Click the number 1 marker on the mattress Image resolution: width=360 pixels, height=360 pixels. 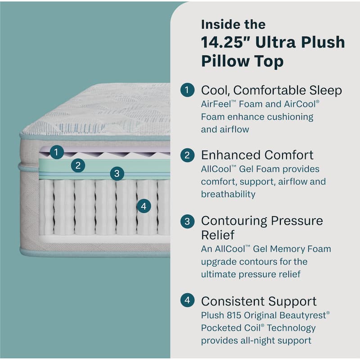tap(56, 152)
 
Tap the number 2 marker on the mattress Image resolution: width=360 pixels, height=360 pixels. tap(78, 166)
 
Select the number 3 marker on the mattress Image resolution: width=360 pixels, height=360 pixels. tap(117, 173)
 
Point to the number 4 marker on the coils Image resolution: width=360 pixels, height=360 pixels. tap(143, 207)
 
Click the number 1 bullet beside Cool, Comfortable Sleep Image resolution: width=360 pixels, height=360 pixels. tap(187, 90)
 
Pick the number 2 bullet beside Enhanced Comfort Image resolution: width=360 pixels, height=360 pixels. tap(187, 155)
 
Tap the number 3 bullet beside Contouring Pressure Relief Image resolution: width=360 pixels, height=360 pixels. tap(187, 221)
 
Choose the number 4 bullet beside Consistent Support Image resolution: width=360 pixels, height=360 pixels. tap(187, 301)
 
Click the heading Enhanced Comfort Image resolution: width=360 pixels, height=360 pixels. tap(257, 155)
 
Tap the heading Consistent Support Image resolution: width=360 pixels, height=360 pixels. tap(259, 301)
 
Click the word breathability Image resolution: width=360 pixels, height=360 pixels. tap(228, 194)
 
